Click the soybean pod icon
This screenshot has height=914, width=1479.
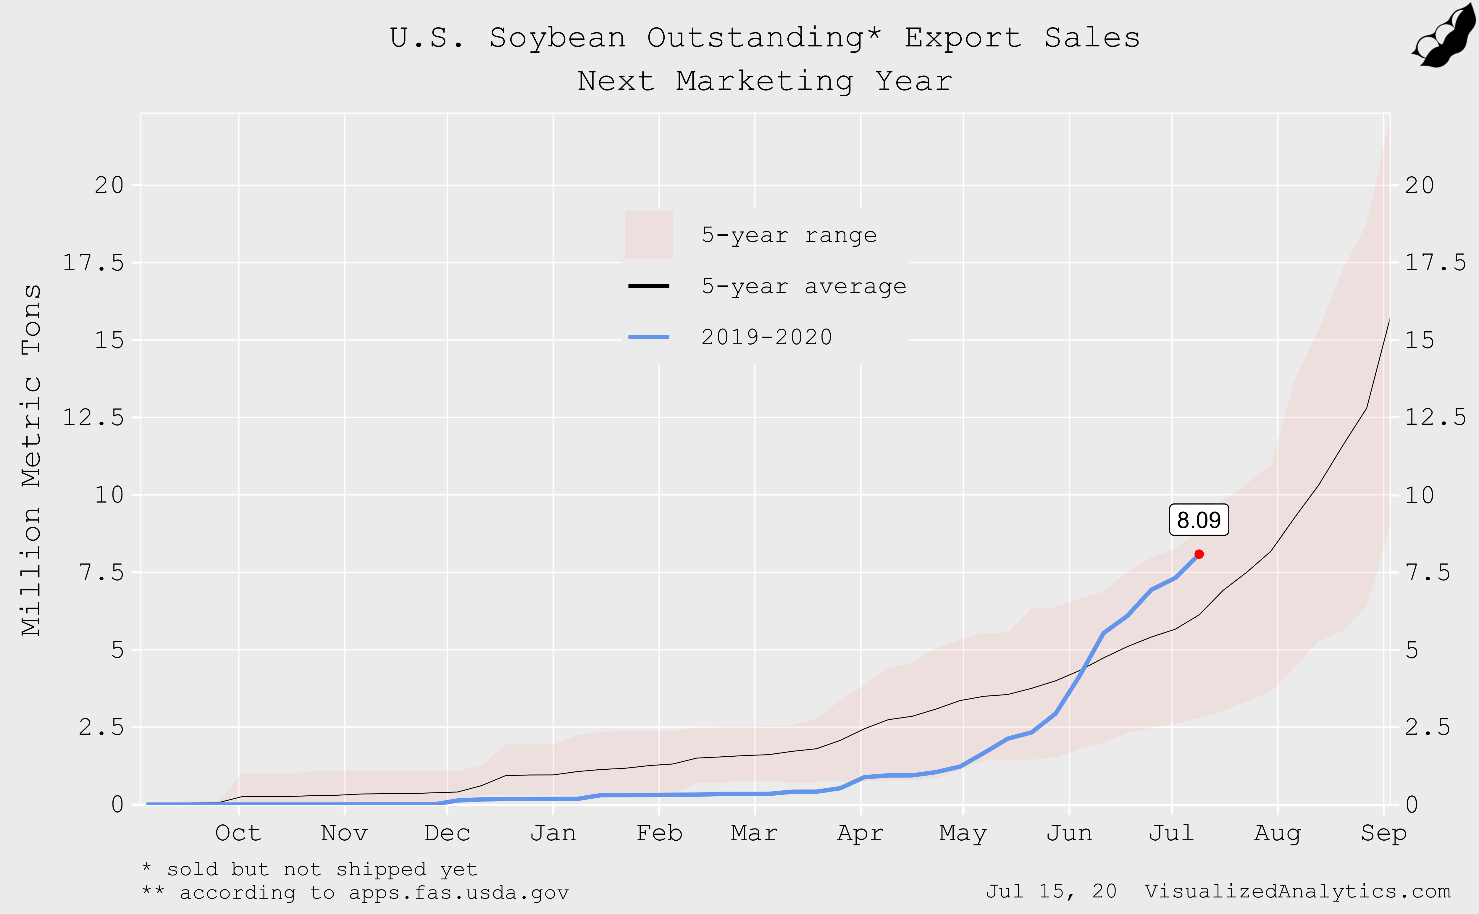[x=1445, y=36]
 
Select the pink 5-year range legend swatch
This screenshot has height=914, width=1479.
[x=648, y=235]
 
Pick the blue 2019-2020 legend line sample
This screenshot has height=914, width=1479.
[x=648, y=337]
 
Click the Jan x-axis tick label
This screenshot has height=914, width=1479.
[x=553, y=833]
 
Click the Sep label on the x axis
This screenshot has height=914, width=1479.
[x=1383, y=833]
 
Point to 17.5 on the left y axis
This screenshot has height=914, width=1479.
[x=94, y=262]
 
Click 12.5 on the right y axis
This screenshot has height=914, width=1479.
[x=1435, y=417]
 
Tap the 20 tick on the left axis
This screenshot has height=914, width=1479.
[x=109, y=185]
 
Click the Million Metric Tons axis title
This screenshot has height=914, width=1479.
[x=31, y=459]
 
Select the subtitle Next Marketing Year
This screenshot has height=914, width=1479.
[x=765, y=81]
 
